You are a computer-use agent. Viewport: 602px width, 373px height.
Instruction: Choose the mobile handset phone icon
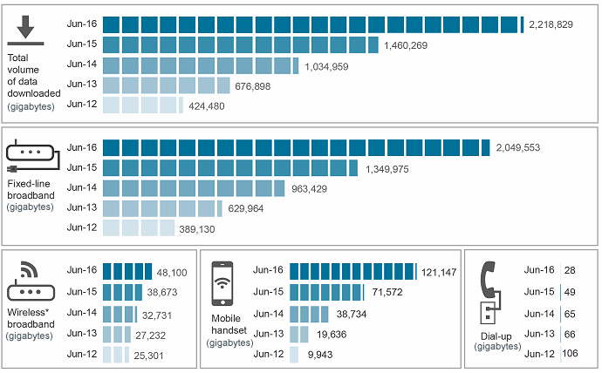[224, 281]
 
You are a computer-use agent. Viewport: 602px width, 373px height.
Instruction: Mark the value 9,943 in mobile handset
[319, 356]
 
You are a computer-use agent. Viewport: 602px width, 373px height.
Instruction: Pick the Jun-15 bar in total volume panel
[240, 44]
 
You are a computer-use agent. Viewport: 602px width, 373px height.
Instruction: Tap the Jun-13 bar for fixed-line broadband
[162, 208]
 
